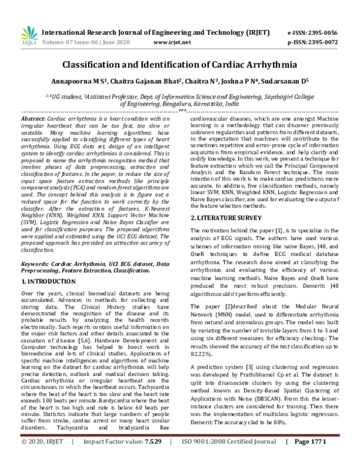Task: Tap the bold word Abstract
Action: tap(33, 120)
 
